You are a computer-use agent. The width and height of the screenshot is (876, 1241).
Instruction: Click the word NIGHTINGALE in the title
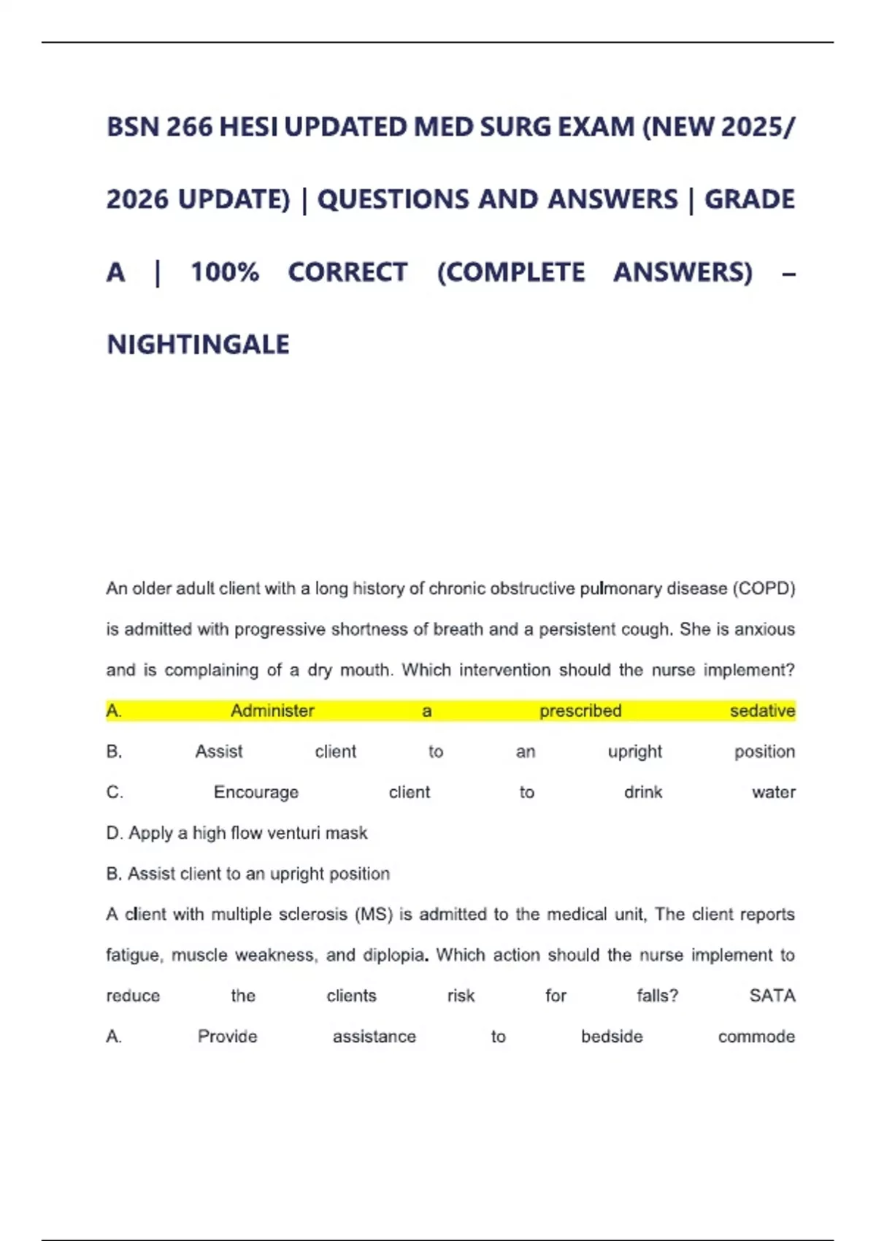point(198,345)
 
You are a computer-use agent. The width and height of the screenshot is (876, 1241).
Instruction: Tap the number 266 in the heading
point(190,128)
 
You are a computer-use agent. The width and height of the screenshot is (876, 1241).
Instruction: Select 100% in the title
point(225,272)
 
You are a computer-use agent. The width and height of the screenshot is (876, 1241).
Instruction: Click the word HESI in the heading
point(248,128)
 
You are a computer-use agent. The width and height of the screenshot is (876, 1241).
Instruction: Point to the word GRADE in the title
point(749,199)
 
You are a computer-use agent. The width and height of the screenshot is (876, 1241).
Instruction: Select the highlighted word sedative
point(762,711)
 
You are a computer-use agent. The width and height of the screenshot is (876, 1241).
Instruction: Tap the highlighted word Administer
point(272,711)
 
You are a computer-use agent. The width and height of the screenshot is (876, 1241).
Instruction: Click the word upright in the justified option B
point(634,752)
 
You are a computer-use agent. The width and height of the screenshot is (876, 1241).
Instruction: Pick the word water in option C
point(773,793)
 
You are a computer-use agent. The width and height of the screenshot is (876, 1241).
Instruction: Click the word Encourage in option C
point(255,793)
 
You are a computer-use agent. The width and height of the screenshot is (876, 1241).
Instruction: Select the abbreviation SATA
point(772,996)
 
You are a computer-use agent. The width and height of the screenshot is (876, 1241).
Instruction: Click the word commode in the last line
point(756,1037)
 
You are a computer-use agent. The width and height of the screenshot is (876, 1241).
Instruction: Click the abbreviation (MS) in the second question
point(373,915)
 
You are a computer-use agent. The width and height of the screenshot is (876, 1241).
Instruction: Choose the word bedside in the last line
point(612,1037)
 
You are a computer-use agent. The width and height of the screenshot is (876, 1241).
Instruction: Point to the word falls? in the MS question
point(657,996)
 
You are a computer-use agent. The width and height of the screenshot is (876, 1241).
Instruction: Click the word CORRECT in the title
point(347,272)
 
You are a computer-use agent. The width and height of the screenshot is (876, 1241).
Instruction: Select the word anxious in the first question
point(764,629)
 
